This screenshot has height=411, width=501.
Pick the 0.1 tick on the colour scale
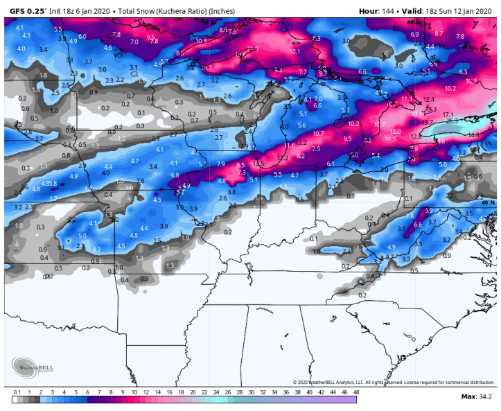[x=16, y=392]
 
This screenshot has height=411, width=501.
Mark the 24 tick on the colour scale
[x=204, y=392]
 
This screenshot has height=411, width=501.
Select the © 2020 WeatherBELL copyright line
[x=391, y=382]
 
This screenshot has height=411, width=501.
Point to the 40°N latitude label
[x=488, y=202]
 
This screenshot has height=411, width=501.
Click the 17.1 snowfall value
[x=448, y=114]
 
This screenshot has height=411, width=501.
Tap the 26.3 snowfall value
[x=452, y=121]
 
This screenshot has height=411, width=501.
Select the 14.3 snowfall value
[x=473, y=135]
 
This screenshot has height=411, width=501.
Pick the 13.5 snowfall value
[x=258, y=164]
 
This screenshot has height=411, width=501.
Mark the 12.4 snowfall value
[x=429, y=99]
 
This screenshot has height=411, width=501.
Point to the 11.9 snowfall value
[x=252, y=49]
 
